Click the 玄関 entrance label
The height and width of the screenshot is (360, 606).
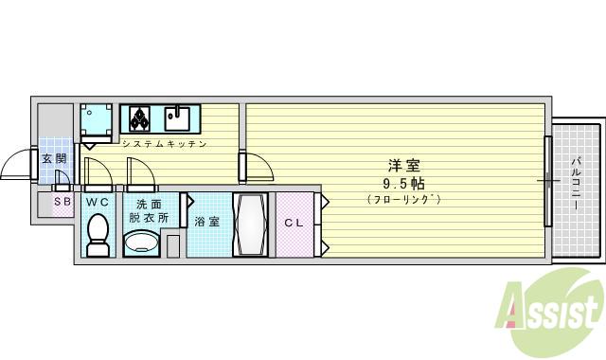(54, 159)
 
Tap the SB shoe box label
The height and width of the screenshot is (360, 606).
(62, 201)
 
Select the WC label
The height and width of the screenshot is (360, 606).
(98, 202)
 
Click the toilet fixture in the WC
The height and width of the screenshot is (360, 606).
(98, 233)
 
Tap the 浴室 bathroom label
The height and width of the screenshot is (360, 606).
(207, 223)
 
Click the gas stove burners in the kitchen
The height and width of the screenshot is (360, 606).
(140, 118)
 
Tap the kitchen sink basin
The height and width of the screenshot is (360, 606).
(176, 118)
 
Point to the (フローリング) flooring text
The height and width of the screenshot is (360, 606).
(403, 199)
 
